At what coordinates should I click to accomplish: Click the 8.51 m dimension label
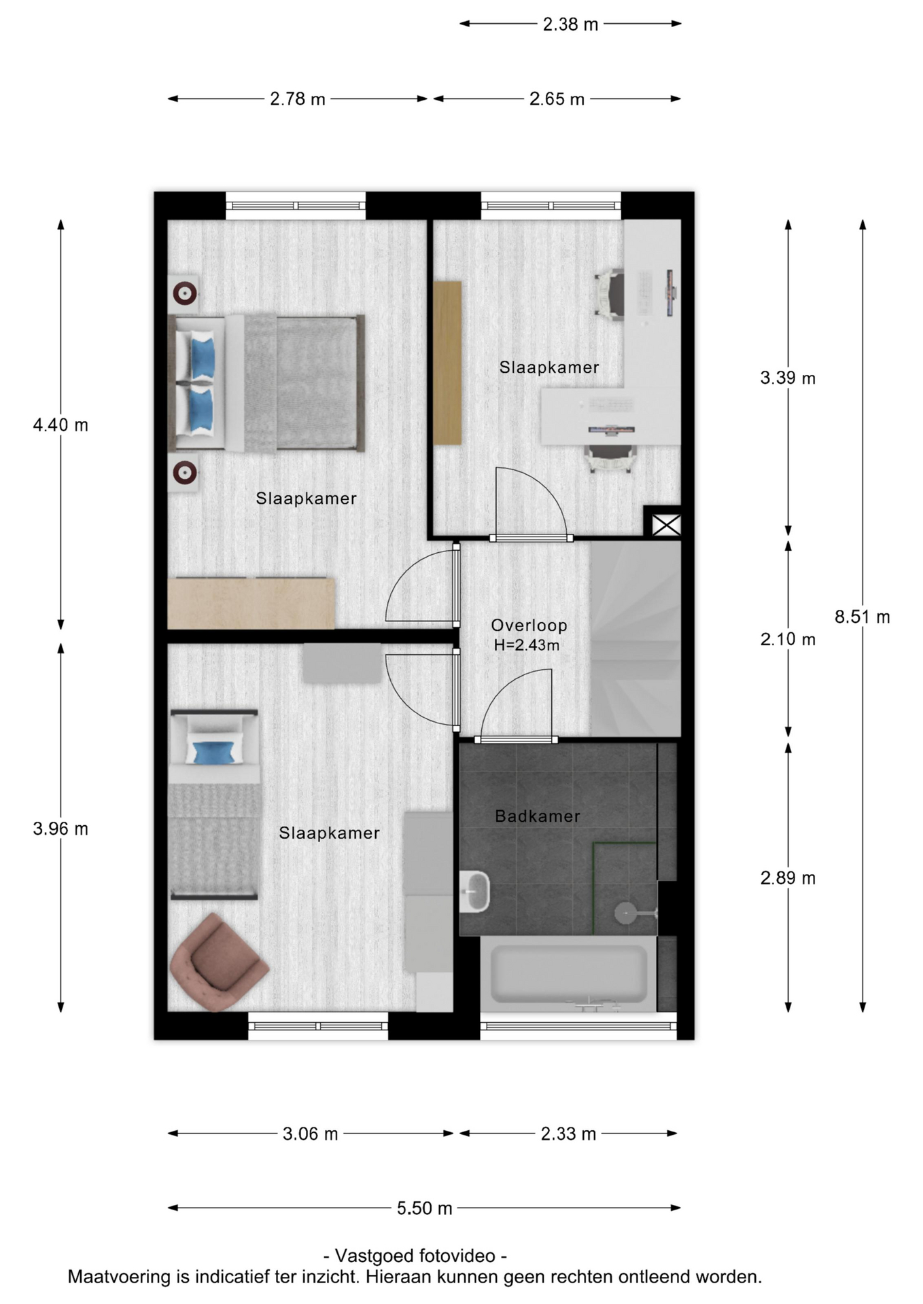click(x=862, y=617)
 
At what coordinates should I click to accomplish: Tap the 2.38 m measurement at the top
click(x=570, y=24)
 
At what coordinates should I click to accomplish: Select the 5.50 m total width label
click(x=424, y=1208)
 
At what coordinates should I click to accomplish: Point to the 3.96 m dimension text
click(x=60, y=829)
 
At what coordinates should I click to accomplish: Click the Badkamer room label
click(x=538, y=816)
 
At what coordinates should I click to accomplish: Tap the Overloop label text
click(x=529, y=626)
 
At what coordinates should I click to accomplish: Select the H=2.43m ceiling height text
click(x=527, y=645)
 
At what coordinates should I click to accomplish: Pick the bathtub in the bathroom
click(x=568, y=974)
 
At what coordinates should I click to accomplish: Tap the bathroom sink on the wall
click(x=474, y=892)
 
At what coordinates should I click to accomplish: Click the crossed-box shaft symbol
click(x=666, y=524)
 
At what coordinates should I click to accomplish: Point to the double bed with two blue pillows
click(x=266, y=383)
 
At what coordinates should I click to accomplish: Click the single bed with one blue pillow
click(x=214, y=805)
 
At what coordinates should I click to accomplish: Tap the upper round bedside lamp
click(x=185, y=293)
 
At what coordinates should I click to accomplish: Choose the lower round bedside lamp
click(x=185, y=472)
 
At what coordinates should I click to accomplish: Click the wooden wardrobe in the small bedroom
click(x=448, y=363)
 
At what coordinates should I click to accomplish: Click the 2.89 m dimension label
click(x=788, y=878)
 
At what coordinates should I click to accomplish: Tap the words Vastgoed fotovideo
click(x=415, y=1256)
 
